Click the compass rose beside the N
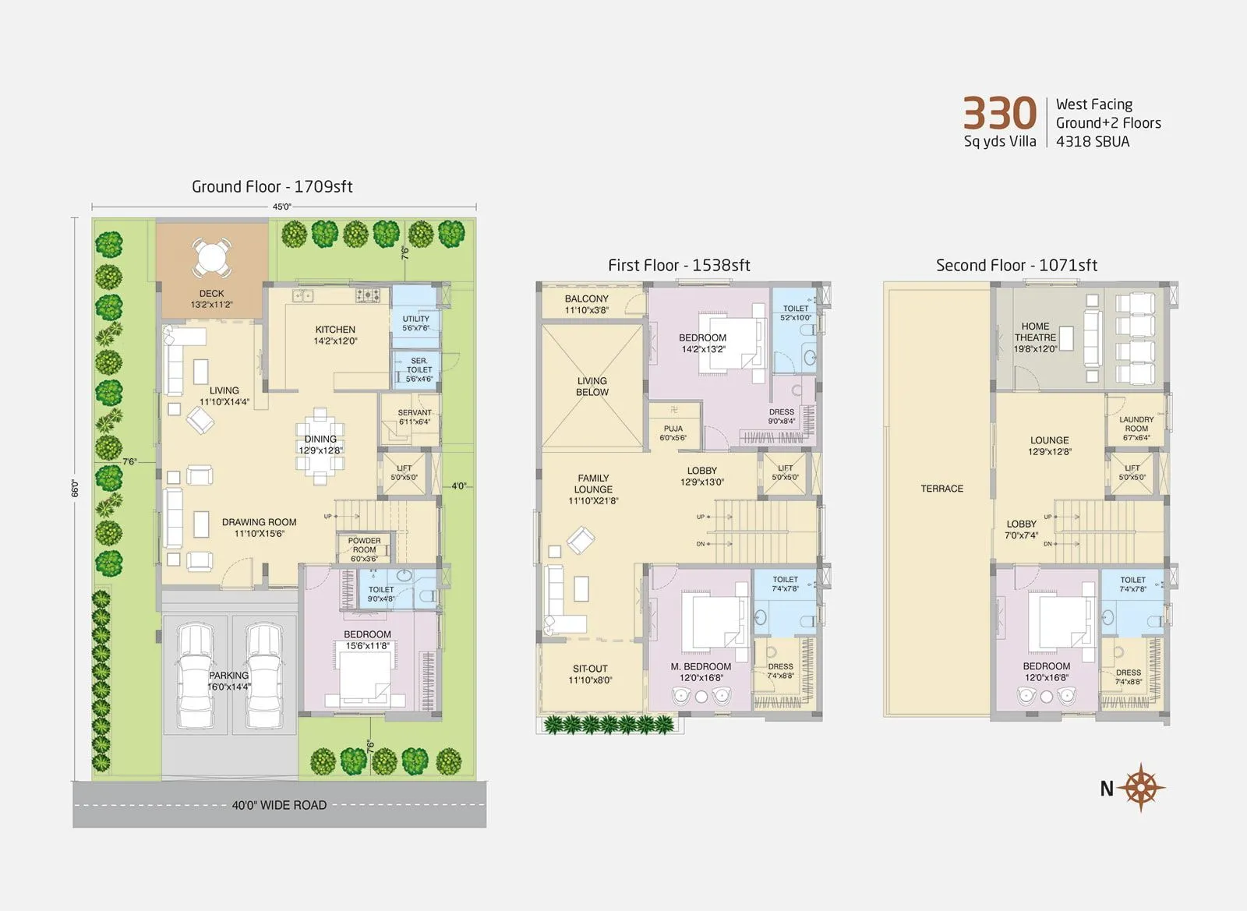click(1142, 787)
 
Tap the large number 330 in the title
click(999, 114)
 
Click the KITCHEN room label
click(335, 330)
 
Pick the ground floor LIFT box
click(404, 473)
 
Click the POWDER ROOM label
click(364, 545)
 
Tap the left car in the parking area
click(195, 674)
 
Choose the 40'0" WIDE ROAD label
click(279, 805)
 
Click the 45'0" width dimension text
click(282, 207)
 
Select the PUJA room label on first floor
click(673, 429)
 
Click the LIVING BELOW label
click(592, 387)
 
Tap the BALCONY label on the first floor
click(587, 299)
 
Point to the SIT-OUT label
click(590, 669)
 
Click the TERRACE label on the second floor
click(941, 489)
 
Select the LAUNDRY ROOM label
click(1136, 424)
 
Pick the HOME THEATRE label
click(1035, 332)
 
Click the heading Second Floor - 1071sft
click(1016, 265)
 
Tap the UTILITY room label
click(415, 319)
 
